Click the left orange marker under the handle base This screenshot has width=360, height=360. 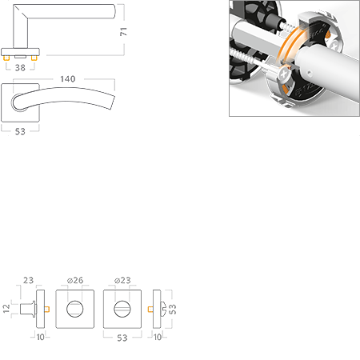coord(7,59)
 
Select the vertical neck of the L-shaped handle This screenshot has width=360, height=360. coord(20,32)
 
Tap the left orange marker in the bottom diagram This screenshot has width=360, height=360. coord(49,309)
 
